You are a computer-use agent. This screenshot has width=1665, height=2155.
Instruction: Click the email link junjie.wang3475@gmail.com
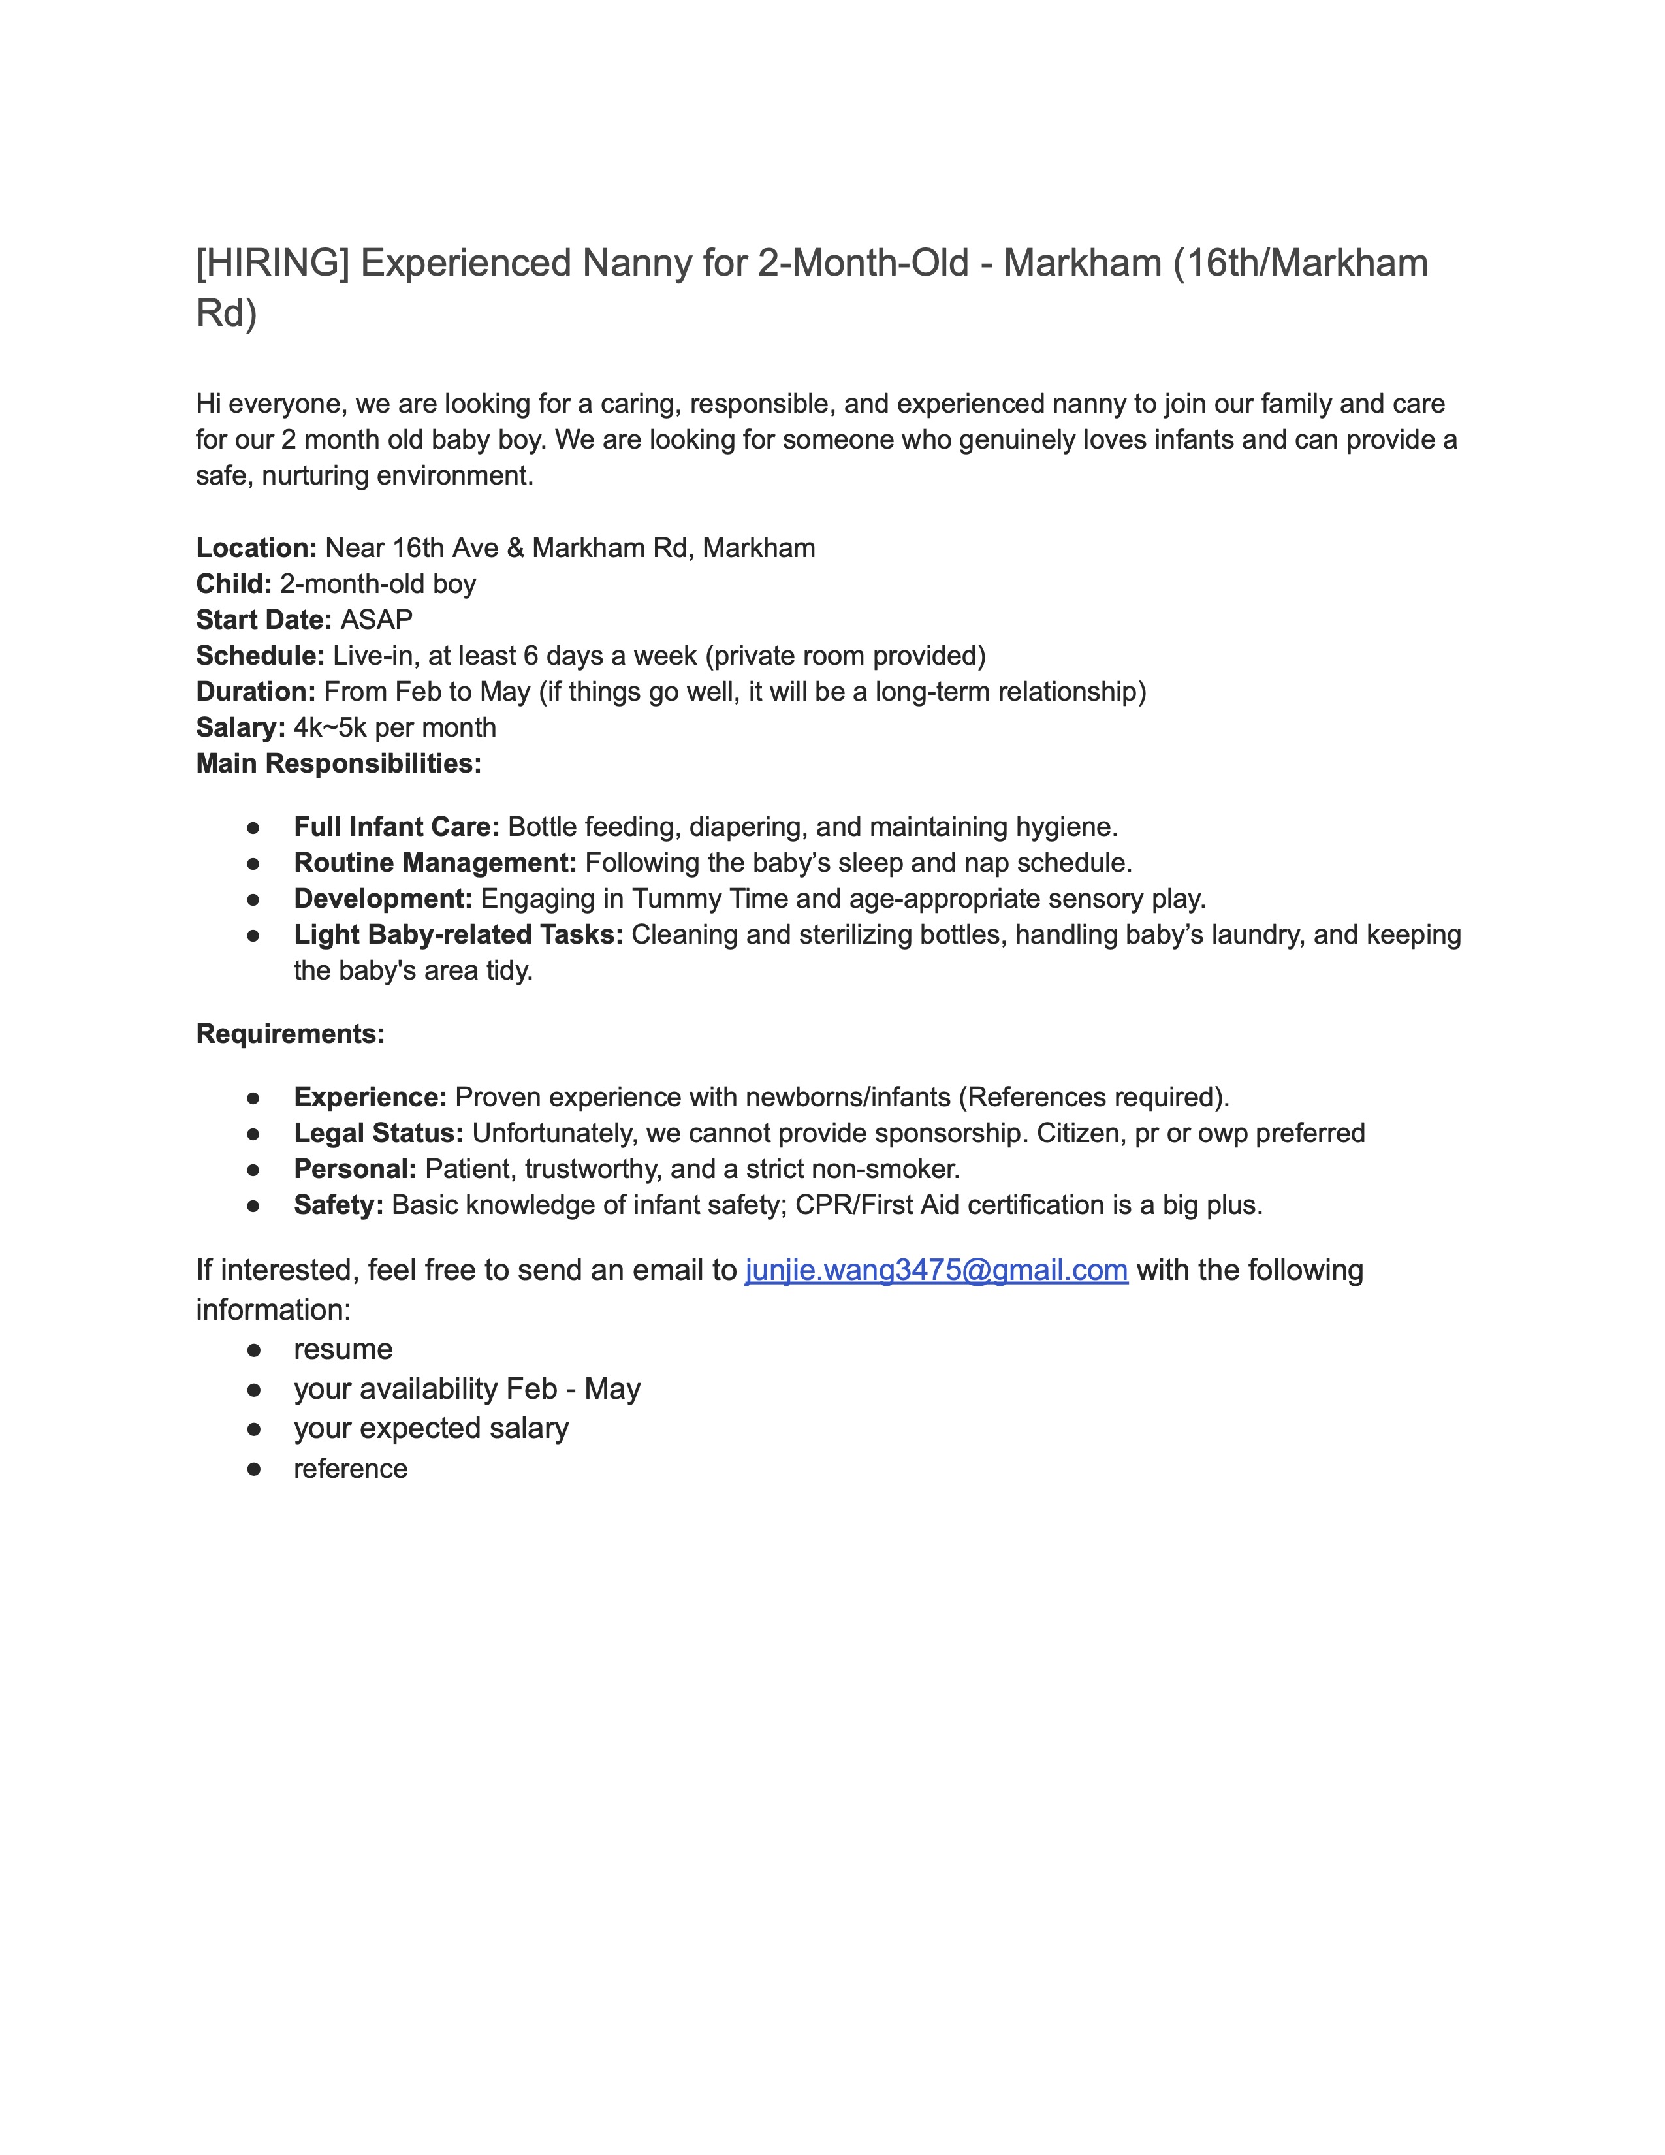936,1270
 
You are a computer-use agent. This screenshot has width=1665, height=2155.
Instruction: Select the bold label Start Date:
263,620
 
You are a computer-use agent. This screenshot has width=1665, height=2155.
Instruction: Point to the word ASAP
377,620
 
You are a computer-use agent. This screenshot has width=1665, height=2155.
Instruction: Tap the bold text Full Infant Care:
396,827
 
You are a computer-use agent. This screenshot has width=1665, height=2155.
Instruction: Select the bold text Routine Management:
435,863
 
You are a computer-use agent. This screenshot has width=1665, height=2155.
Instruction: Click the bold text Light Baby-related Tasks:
458,934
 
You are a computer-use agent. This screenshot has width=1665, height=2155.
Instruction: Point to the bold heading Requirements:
290,1034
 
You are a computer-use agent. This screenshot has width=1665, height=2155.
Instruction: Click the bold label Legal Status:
378,1133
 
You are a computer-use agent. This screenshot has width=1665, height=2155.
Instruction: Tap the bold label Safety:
338,1205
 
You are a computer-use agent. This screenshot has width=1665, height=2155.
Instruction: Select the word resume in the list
343,1349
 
